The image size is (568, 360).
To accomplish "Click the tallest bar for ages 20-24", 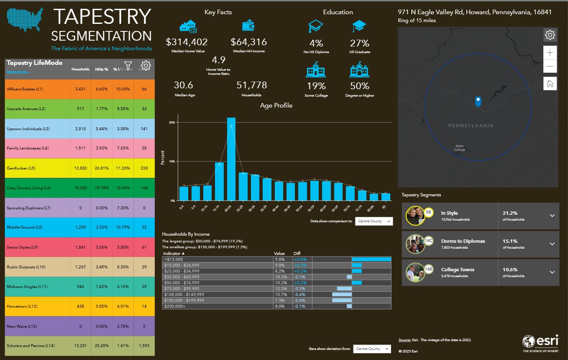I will point(231,159).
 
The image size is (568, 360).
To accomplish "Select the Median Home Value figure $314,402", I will point(187,42).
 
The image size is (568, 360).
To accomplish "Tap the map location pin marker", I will point(478,101).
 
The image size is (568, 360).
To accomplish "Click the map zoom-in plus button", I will point(550,52).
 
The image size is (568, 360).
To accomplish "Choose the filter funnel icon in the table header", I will point(128,66).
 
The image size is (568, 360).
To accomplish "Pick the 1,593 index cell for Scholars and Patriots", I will point(144,345).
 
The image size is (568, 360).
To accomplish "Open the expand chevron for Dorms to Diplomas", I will point(552,244).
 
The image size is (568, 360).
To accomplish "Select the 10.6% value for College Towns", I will point(510,270).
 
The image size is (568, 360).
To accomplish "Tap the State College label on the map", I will point(459,148).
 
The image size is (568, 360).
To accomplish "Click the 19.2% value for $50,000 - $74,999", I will point(280,283).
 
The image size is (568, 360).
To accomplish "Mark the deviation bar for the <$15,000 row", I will point(371,259).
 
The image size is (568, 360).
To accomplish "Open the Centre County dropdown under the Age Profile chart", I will point(374,221).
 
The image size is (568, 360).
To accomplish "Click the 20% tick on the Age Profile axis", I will point(171,123).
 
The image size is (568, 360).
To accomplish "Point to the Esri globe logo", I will point(529,341).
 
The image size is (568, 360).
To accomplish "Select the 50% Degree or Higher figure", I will point(359,86).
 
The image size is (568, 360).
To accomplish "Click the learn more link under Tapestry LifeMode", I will point(18,72).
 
